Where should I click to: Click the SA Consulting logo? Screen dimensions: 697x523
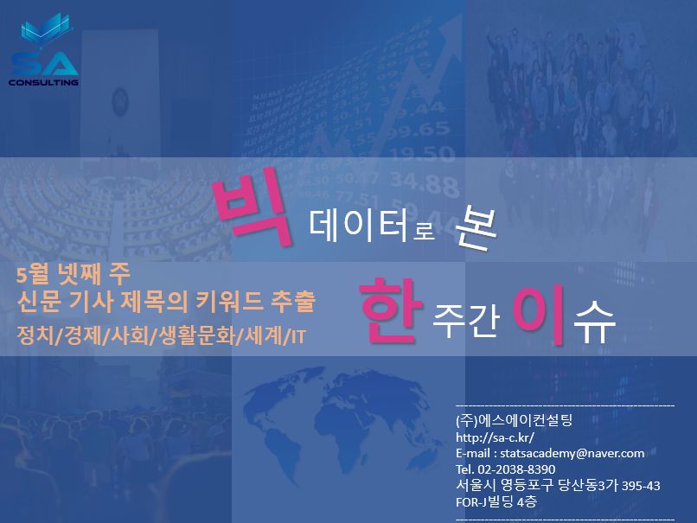(x=43, y=50)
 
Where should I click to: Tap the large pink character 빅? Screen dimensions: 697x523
(x=253, y=208)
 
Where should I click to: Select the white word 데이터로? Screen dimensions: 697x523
(x=371, y=226)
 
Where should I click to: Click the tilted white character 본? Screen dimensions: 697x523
(x=475, y=227)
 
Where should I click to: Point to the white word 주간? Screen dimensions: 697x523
(x=465, y=319)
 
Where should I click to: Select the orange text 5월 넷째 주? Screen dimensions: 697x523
(x=74, y=274)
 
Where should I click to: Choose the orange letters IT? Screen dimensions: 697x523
(x=297, y=337)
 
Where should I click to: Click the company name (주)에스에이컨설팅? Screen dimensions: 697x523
(x=514, y=420)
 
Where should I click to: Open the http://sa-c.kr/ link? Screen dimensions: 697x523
(x=495, y=437)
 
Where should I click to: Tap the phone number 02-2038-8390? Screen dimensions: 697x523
(x=516, y=469)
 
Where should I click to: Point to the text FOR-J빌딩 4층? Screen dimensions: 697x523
(x=496, y=502)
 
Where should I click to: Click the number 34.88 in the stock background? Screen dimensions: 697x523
(x=425, y=184)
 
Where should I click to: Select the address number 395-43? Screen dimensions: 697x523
(x=641, y=486)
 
